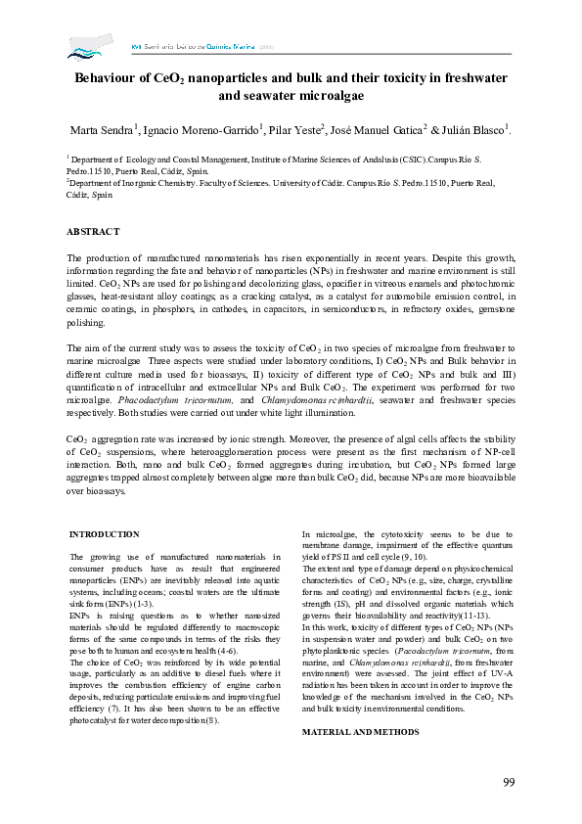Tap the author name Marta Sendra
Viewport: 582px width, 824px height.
(98, 130)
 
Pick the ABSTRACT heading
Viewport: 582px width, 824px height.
(93, 231)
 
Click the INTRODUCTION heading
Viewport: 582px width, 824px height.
(104, 534)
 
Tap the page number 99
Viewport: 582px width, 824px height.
(509, 781)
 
